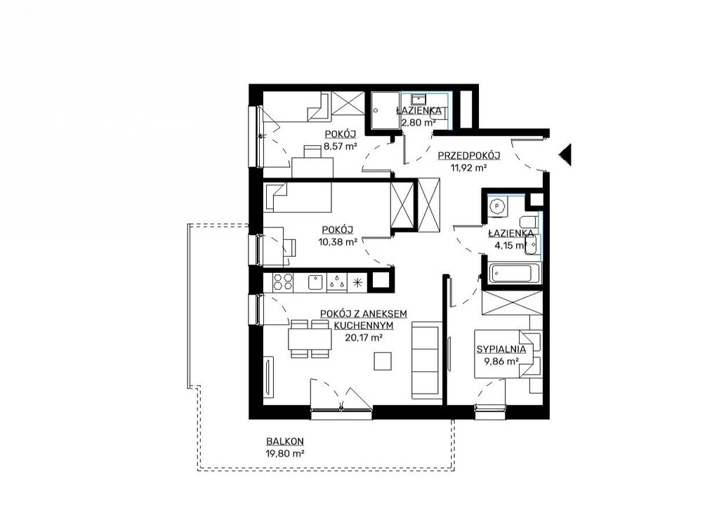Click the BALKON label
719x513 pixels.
(285, 441)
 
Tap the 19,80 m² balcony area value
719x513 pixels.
(285, 453)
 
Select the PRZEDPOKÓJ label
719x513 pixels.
(468, 155)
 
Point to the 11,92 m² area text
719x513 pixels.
(468, 167)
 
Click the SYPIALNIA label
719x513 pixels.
(501, 349)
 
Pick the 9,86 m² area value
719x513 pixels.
(501, 361)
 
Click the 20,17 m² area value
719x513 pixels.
(364, 338)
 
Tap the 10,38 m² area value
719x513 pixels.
(338, 242)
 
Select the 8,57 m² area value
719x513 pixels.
(341, 146)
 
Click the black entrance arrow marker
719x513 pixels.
(565, 154)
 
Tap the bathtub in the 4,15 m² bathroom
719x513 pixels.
(510, 274)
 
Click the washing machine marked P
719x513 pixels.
(497, 206)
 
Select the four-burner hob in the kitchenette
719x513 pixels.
(283, 281)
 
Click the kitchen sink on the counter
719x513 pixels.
(315, 282)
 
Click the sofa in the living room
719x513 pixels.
(426, 359)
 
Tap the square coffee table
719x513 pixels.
(383, 361)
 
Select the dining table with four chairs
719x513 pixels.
(310, 339)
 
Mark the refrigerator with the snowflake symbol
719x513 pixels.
(357, 282)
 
